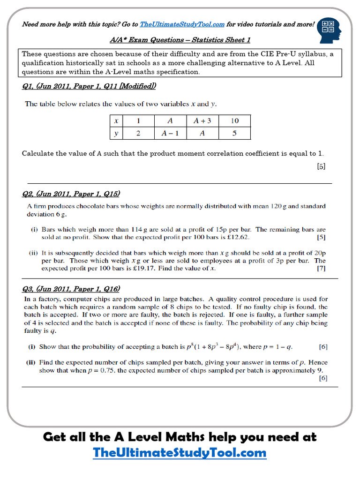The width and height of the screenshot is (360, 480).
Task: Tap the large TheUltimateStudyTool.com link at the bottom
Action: (180, 453)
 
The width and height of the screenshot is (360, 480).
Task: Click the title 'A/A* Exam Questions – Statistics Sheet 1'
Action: (180, 40)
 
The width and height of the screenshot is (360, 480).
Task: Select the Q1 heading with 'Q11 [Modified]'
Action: (89, 86)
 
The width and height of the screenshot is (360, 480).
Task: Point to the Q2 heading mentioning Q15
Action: (71, 194)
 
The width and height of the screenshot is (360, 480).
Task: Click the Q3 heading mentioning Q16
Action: (71, 289)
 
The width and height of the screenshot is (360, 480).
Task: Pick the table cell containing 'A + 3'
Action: (202, 121)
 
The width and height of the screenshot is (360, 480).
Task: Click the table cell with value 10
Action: (234, 121)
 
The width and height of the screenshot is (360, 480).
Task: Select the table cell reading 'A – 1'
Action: (170, 133)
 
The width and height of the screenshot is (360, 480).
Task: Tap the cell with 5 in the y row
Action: (234, 133)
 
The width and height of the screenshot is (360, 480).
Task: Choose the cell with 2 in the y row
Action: (138, 133)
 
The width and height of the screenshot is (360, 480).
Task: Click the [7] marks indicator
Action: (321, 269)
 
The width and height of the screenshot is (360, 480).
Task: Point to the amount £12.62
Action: (241, 238)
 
